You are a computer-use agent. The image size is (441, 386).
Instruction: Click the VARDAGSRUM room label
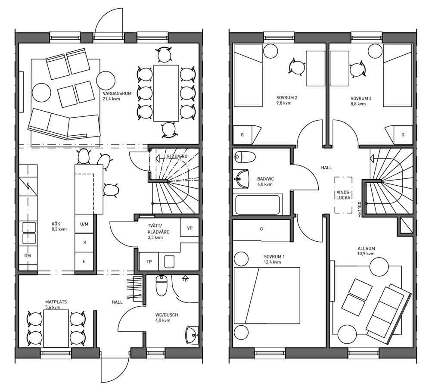pyautogui.click(x=117, y=93)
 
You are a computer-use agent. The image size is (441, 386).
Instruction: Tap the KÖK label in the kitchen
pyautogui.click(x=56, y=224)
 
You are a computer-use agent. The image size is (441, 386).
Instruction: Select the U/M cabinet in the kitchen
pyautogui.click(x=84, y=224)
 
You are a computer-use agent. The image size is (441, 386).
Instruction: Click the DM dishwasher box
pyautogui.click(x=28, y=256)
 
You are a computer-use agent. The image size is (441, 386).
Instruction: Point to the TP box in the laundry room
pyautogui.click(x=149, y=261)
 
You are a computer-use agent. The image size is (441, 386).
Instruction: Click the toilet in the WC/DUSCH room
pyautogui.click(x=161, y=286)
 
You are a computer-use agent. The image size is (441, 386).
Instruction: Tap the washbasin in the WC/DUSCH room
pyautogui.click(x=192, y=335)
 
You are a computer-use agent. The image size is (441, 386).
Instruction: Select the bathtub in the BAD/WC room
pyautogui.click(x=258, y=205)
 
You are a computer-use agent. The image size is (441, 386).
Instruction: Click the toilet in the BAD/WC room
pyautogui.click(x=245, y=157)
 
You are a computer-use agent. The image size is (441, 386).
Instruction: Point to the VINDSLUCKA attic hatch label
pyautogui.click(x=343, y=195)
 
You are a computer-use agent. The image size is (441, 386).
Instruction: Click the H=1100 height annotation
pyautogui.click(x=359, y=209)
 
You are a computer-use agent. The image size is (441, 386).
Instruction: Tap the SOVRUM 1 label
pyautogui.click(x=274, y=257)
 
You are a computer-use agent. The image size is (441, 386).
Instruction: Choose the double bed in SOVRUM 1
pyautogui.click(x=267, y=296)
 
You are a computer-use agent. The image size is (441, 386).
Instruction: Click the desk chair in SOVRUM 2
pyautogui.click(x=297, y=68)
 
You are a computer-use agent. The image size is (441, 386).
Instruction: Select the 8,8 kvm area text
pyautogui.click(x=358, y=104)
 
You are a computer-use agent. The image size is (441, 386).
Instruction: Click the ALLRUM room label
pyautogui.click(x=366, y=249)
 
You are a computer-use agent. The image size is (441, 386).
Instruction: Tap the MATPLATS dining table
pyautogui.click(x=56, y=329)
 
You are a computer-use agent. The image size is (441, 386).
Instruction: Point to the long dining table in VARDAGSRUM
pyautogui.click(x=166, y=93)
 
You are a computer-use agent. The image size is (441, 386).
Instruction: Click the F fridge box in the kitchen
pyautogui.click(x=84, y=261)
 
